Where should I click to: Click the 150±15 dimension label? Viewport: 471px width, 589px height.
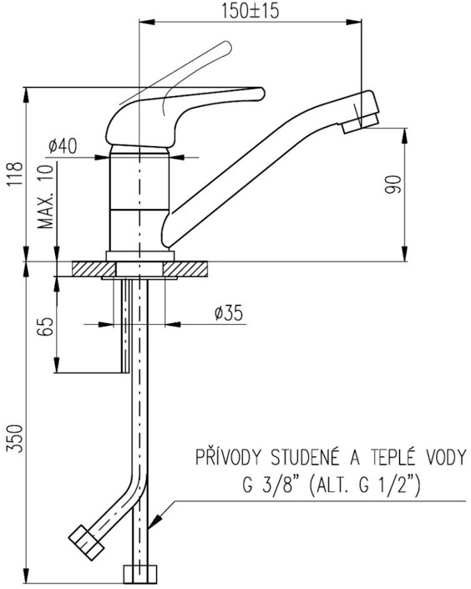250,11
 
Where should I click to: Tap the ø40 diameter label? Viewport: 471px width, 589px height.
63,145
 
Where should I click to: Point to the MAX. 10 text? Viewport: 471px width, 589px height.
46,196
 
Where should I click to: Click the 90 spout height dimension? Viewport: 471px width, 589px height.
392,184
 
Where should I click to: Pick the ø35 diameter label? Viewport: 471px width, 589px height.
229,312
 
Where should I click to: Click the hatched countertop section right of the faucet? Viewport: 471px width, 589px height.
185,269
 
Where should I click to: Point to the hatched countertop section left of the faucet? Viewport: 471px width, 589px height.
94,269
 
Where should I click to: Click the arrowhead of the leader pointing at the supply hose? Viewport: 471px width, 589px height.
154,522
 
